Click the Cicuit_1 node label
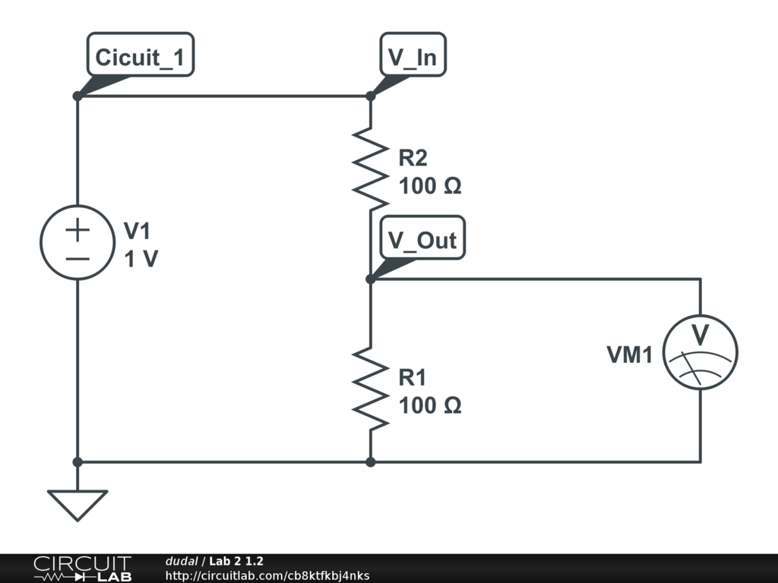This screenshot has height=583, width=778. click(140, 58)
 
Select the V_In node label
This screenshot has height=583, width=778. click(413, 58)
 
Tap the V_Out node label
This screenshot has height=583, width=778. click(422, 240)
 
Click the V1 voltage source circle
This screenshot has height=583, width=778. click(77, 242)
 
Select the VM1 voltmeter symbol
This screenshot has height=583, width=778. click(700, 352)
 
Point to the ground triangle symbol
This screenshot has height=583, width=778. click(77, 503)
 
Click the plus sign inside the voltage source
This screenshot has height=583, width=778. click(77, 229)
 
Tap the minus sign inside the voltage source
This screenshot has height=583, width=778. click(77, 257)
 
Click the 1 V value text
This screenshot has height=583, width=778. click(141, 260)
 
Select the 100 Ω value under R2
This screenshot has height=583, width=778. click(430, 186)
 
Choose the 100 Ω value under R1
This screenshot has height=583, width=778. click(430, 405)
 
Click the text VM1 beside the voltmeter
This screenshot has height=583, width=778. click(629, 354)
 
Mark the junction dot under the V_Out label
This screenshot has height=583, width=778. click(371, 279)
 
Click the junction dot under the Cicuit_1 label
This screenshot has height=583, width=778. click(77, 96)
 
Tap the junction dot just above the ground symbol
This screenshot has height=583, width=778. click(77, 462)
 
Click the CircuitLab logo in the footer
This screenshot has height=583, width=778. click(82, 569)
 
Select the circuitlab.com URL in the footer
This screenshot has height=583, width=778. click(267, 575)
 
